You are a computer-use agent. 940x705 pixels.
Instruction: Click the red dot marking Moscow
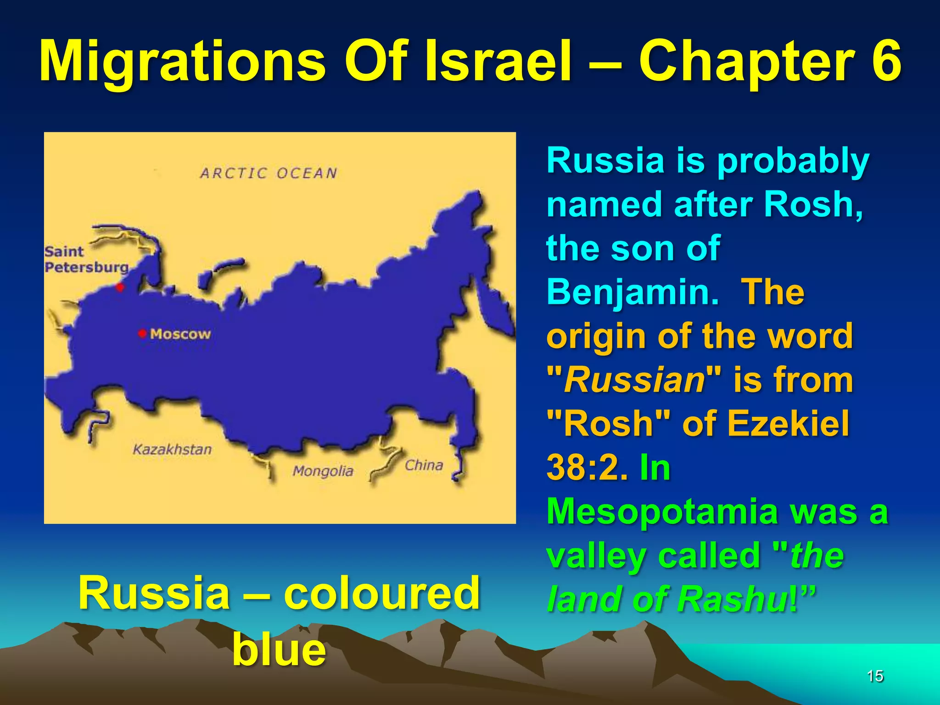tap(142, 333)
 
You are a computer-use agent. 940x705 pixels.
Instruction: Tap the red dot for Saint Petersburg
tap(120, 288)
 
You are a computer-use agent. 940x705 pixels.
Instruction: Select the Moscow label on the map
tap(180, 334)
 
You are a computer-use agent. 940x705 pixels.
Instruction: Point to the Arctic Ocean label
tap(269, 173)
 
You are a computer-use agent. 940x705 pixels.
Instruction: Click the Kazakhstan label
tap(172, 449)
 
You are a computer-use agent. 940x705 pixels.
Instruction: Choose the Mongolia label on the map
tap(323, 471)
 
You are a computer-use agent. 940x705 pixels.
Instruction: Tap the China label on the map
tap(424, 465)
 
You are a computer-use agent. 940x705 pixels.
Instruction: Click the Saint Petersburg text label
tap(86, 259)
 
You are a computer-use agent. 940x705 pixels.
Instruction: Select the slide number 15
tap(875, 676)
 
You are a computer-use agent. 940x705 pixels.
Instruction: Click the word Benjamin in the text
tap(632, 292)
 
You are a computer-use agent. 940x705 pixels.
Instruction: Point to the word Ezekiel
tap(788, 423)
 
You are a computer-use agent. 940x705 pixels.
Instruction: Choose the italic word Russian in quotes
tap(634, 380)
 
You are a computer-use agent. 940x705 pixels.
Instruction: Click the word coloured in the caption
tap(381, 593)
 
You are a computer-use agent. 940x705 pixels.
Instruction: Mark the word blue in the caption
tap(279, 649)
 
